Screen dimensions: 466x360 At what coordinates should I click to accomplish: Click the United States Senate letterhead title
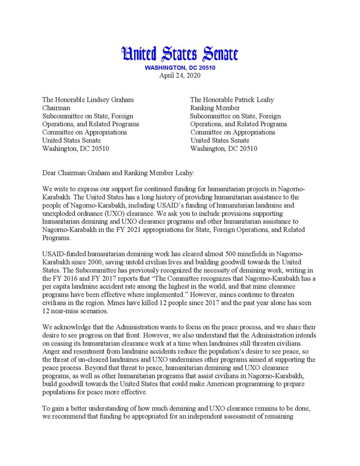coord(180,54)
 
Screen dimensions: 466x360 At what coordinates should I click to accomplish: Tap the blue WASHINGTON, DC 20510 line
coord(180,68)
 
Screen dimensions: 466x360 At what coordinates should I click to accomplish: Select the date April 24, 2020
coord(180,76)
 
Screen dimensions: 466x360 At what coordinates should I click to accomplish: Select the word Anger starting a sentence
coord(52,351)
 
